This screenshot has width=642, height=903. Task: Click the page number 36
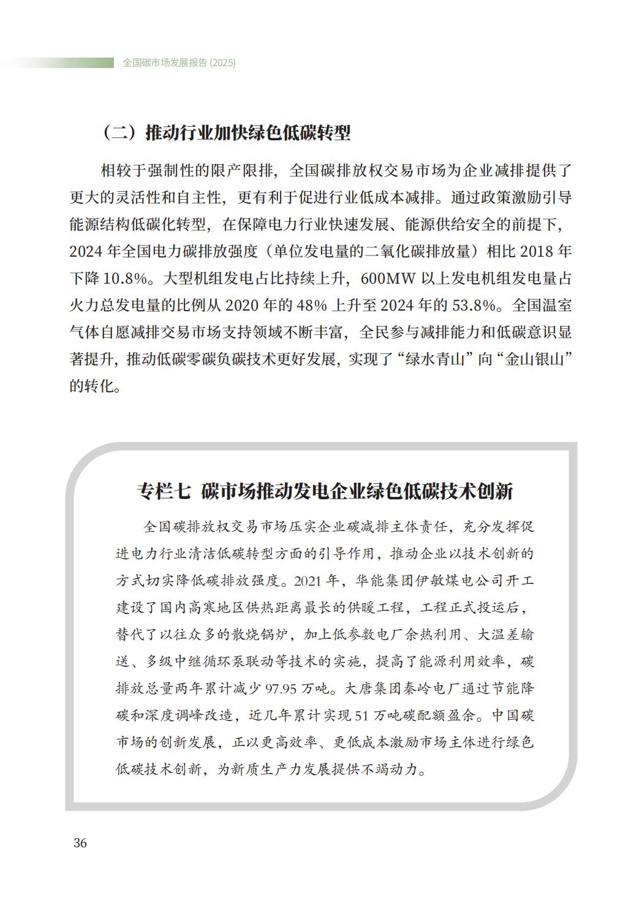[80, 843]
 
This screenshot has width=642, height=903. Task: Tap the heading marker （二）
[119, 133]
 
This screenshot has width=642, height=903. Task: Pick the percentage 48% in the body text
[312, 305]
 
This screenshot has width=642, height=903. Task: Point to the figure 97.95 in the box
[282, 689]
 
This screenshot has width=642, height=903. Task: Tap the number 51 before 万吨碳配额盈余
[363, 715]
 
